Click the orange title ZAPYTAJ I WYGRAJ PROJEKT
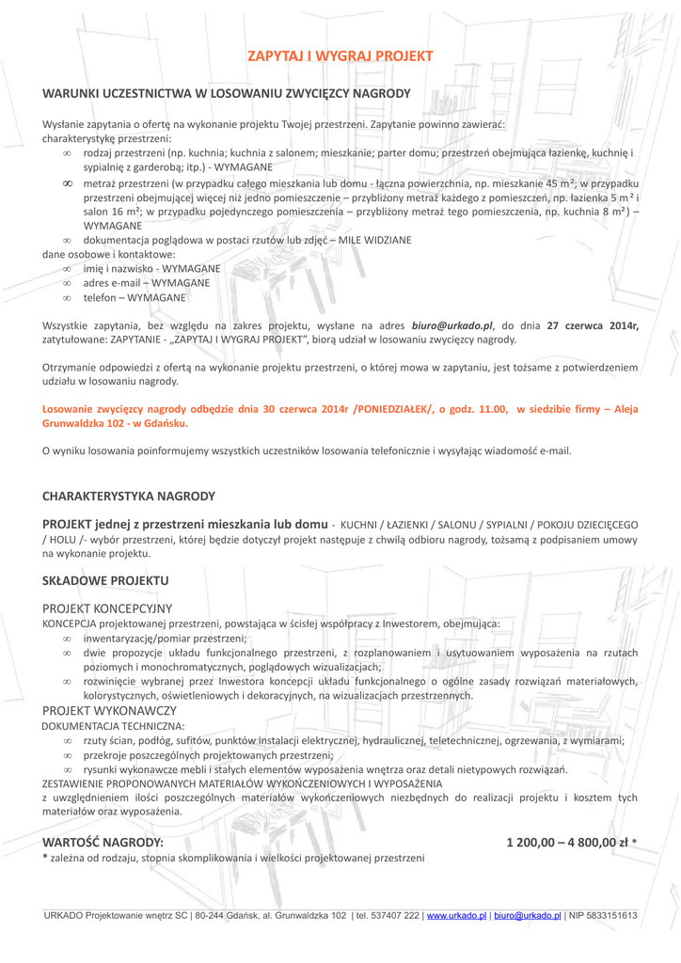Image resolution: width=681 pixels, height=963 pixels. click(x=340, y=56)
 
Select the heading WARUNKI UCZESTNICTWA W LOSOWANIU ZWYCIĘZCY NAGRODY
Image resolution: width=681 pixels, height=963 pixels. click(x=227, y=94)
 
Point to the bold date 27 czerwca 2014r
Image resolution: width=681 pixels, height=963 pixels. click(x=594, y=325)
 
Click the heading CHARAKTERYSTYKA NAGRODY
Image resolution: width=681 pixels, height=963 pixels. click(x=129, y=496)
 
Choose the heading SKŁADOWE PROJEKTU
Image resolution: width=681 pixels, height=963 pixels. click(x=105, y=581)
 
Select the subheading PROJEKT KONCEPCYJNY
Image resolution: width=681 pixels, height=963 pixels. click(x=107, y=609)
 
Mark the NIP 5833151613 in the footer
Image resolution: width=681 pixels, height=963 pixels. click(x=603, y=915)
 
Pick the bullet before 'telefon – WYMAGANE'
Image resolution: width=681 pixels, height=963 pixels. click(x=67, y=297)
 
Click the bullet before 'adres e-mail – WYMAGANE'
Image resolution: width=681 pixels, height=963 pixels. click(x=67, y=283)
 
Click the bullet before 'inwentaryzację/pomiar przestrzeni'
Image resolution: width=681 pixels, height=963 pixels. click(x=67, y=638)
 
